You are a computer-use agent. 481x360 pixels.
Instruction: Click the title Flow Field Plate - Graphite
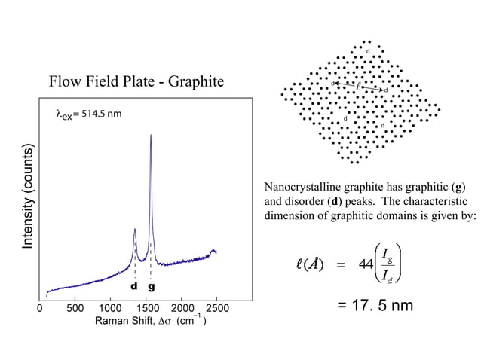point(136,81)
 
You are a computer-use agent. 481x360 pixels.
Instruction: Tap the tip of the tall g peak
point(151,136)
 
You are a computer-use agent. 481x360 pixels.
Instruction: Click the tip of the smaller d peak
point(134,229)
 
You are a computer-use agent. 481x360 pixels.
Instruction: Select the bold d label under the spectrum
point(133,287)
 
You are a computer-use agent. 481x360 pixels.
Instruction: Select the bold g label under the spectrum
point(152,287)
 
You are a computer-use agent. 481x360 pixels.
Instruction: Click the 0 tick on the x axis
point(40,308)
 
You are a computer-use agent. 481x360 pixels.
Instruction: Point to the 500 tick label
point(75,308)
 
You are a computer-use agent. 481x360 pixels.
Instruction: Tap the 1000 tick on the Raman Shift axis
point(110,308)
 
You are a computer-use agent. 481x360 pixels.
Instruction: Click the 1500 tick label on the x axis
point(146,308)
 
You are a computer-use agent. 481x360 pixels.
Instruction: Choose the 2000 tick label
point(182,308)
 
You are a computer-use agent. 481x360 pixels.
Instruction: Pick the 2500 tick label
point(217,308)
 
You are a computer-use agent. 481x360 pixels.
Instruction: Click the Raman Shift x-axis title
point(151,322)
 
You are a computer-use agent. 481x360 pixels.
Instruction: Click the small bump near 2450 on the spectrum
point(213,250)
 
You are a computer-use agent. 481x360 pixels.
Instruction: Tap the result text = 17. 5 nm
point(375,307)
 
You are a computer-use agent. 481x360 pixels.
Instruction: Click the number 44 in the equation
point(367,265)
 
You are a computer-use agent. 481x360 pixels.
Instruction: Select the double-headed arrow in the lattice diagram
point(358,86)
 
